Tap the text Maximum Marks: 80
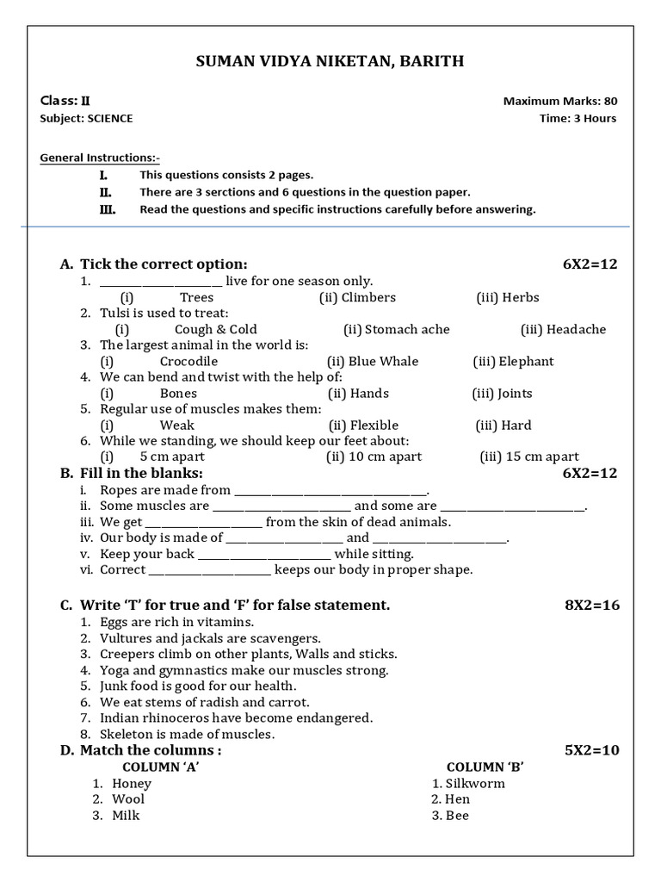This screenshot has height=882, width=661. pos(559,101)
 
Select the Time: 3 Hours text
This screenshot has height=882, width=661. pos(578,118)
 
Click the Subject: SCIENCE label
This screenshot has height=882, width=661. pos(86,118)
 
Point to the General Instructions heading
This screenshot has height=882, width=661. pos(100,158)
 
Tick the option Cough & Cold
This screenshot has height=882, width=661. pos(215,329)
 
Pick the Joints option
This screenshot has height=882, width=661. pos(514,393)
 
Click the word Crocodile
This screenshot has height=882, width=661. pos(188,361)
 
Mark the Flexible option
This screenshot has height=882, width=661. pos(374,425)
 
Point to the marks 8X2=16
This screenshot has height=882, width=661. pos(591,605)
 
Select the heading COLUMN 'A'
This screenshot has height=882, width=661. pos(162,767)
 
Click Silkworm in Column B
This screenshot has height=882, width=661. pos(475,783)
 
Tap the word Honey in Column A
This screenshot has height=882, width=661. pos(132,783)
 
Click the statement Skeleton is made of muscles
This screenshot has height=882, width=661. pos(187,734)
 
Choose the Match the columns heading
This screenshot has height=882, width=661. pos(151,750)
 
